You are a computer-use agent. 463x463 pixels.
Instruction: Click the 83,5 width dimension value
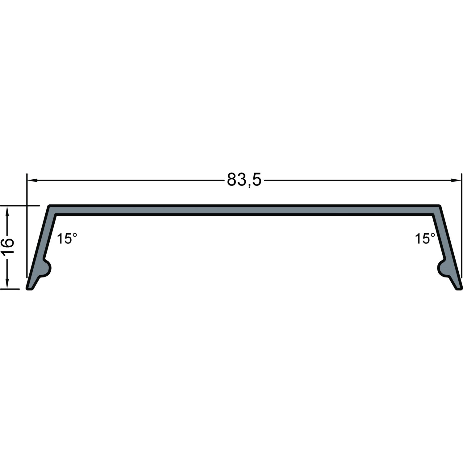(244, 180)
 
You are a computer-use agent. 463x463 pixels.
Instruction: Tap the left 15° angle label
(67, 239)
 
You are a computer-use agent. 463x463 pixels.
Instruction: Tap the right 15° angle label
(425, 239)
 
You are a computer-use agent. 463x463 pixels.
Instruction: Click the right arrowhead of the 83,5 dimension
(456, 180)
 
